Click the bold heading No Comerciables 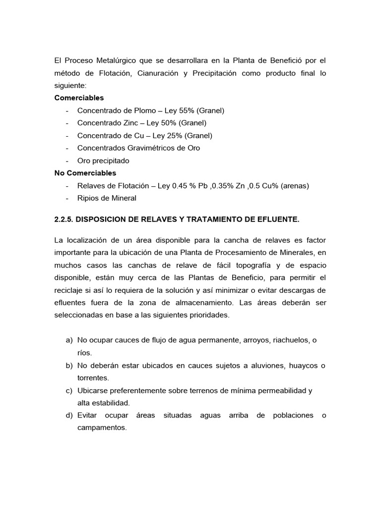point(85,173)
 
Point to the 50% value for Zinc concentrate point(157,123)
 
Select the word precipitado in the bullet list point(111,161)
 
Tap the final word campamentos point(102,427)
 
